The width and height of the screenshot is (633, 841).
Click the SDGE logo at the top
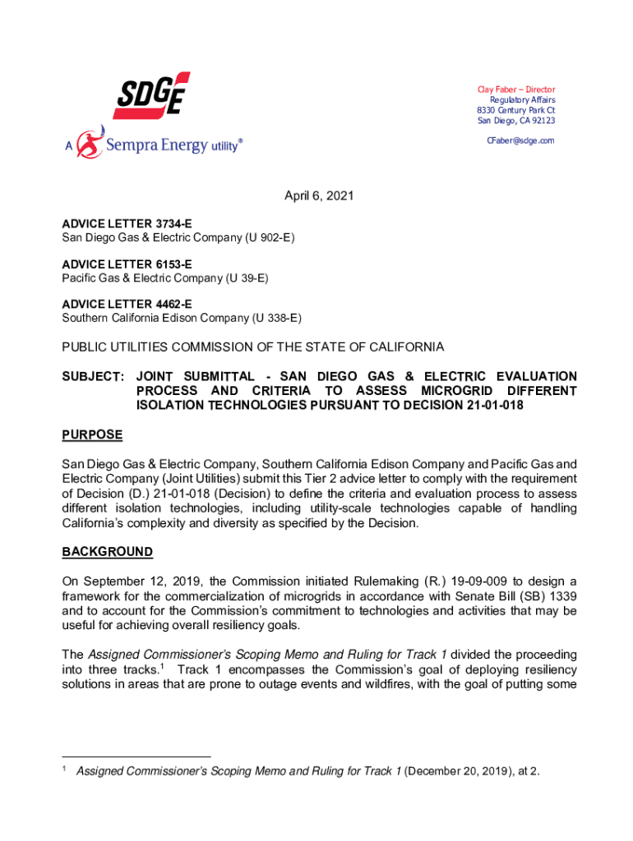151,94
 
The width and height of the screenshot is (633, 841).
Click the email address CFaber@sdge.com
520,140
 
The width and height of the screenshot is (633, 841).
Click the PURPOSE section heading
92,434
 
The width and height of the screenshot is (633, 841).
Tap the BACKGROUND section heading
107,552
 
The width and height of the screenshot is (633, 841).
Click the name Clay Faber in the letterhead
497,90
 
